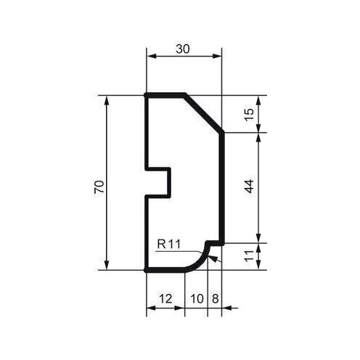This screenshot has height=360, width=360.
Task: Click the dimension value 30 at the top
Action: point(184,49)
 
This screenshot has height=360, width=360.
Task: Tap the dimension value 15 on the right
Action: point(250,115)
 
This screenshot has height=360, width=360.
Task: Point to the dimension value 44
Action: point(250,186)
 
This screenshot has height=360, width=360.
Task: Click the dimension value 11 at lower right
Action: point(250,255)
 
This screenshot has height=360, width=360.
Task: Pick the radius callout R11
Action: point(168,245)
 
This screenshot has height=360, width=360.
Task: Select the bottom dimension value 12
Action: point(165,298)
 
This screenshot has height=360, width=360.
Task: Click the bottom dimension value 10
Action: point(196,298)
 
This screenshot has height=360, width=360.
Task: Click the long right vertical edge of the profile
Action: point(222,187)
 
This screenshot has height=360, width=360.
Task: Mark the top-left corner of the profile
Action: point(147,95)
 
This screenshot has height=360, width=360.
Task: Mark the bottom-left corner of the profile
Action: point(147,269)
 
